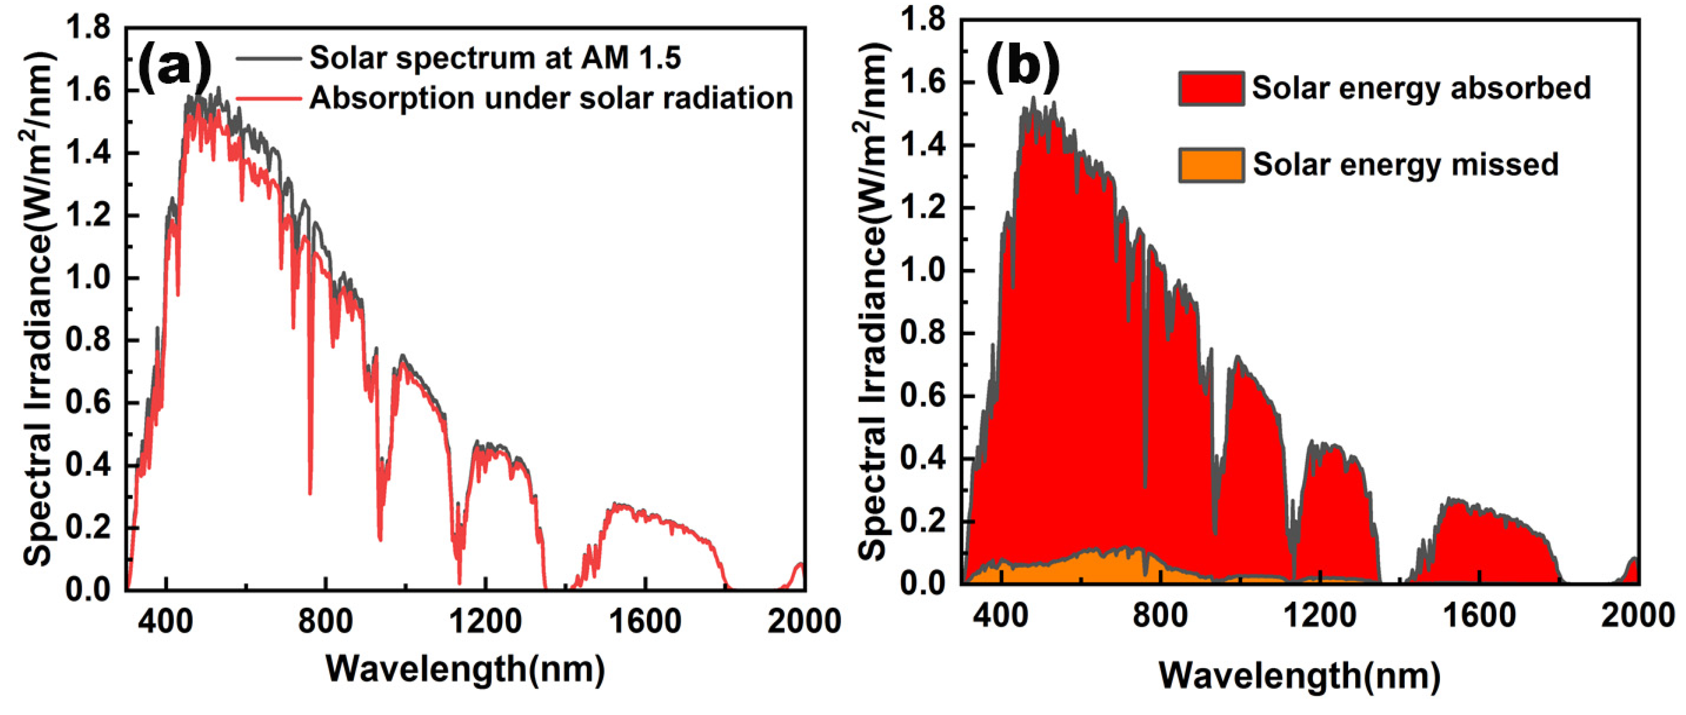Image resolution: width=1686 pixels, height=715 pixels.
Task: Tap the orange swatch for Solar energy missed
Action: (1211, 165)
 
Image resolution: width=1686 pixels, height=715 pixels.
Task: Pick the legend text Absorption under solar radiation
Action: (551, 98)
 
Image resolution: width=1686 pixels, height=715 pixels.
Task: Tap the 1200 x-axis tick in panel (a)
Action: (485, 620)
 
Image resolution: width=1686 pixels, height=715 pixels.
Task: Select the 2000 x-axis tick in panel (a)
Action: (804, 620)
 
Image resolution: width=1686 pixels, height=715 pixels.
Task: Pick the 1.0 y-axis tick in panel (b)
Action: (923, 270)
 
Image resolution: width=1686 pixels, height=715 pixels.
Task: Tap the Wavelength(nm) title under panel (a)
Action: (465, 669)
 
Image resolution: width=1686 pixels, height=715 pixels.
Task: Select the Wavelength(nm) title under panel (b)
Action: (1300, 674)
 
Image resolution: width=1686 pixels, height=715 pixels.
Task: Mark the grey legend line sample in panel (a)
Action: (268, 58)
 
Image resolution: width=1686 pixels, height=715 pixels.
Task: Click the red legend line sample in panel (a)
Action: (268, 99)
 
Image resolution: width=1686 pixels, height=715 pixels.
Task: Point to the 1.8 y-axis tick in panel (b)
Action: (923, 20)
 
